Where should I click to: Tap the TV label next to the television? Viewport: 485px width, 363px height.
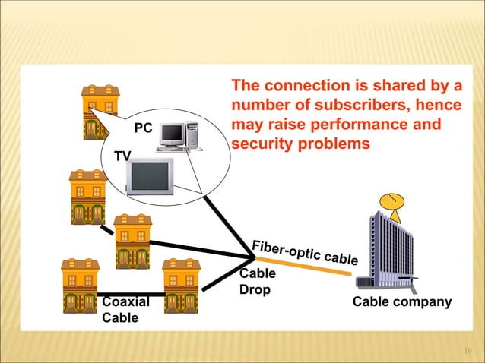coord(122,156)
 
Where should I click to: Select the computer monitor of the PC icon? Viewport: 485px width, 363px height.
coord(172,134)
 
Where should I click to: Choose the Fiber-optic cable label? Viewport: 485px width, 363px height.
coord(305,251)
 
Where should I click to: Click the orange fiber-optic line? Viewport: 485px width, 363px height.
coord(304,270)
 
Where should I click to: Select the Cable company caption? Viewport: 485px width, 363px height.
coord(402,302)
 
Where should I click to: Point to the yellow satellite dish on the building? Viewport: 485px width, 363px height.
coord(393,201)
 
